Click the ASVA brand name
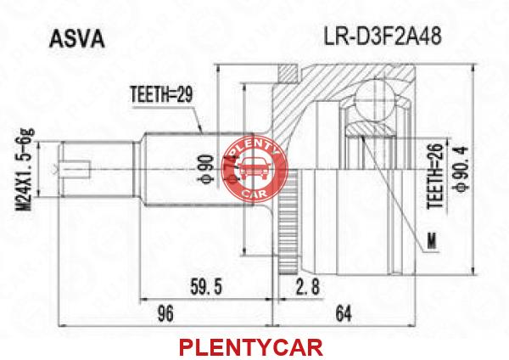pos(77,40)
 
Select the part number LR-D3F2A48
pos(383,36)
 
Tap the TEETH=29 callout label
pos(161,95)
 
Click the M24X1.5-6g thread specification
pos(25,169)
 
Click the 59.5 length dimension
pos(206,287)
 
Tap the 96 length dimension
pos(165,313)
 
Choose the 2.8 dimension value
pos(307,287)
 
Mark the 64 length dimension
pos(344,313)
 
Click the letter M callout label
pos(432,241)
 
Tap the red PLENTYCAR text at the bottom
pos(251,347)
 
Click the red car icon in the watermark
pos(255,168)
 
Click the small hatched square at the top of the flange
pos(288,74)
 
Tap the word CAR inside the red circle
pos(255,194)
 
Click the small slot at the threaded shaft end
pos(76,169)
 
